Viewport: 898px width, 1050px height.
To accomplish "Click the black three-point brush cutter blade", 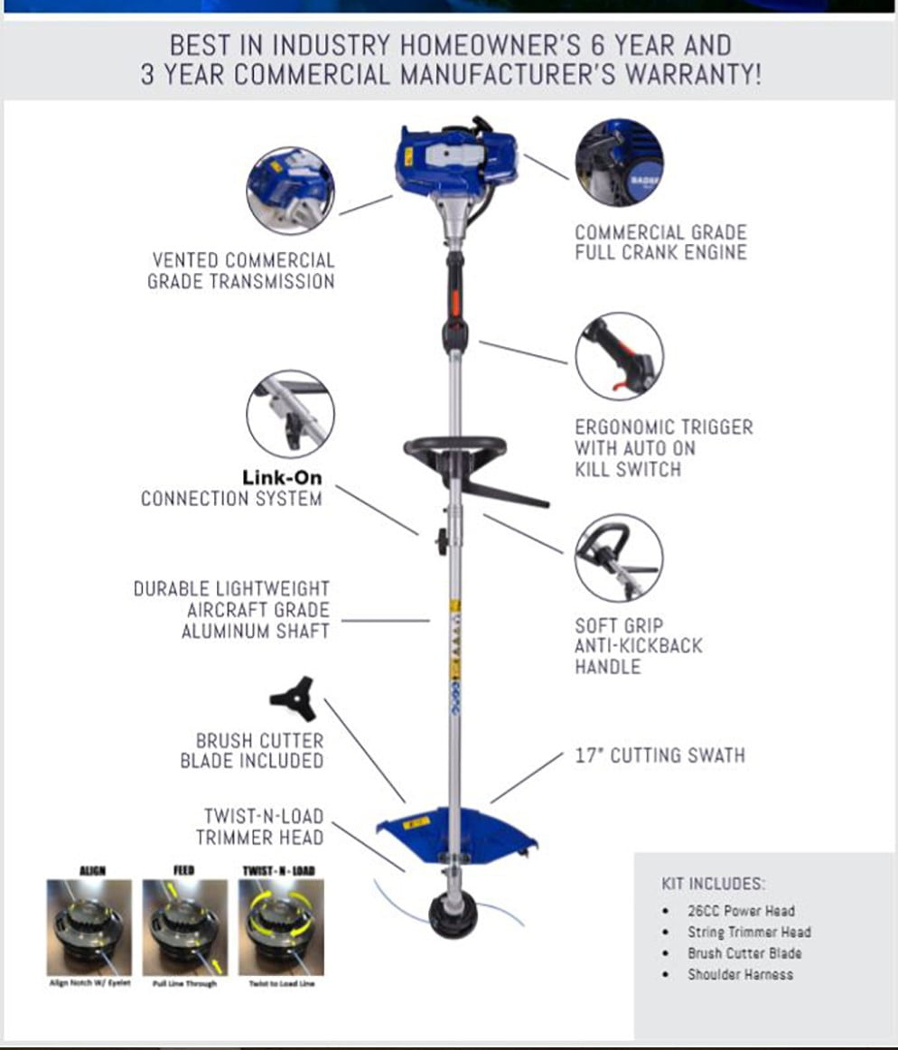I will (293, 697).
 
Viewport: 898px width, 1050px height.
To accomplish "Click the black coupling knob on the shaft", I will (443, 541).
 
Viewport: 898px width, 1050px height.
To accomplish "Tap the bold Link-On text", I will (281, 477).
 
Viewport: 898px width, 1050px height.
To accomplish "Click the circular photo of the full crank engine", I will (619, 163).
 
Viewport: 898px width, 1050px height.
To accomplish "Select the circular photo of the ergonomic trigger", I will (619, 356).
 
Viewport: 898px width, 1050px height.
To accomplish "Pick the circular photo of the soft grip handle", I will (619, 558).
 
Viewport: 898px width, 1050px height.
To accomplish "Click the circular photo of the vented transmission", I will (290, 191).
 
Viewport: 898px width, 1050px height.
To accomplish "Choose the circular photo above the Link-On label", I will (290, 414).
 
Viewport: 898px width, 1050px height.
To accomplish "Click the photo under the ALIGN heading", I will (89, 927).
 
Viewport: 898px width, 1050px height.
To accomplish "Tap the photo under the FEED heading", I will (183, 927).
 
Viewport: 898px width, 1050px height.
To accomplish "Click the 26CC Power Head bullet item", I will (741, 911).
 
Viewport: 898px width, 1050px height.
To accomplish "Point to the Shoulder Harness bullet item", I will (740, 974).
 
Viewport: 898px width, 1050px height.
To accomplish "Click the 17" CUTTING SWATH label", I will (659, 755).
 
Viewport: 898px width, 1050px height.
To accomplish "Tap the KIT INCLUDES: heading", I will (713, 883).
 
